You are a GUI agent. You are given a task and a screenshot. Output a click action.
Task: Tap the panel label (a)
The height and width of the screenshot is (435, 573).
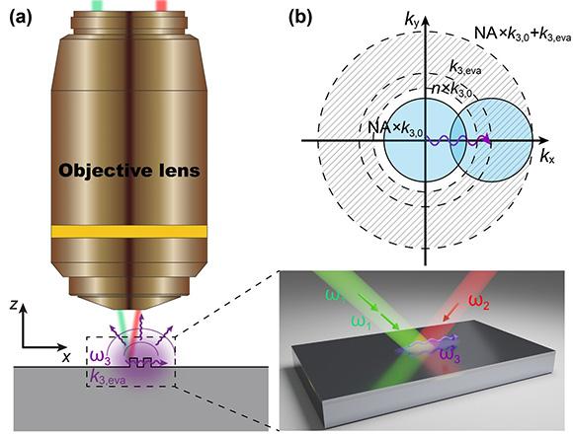pos(23,18)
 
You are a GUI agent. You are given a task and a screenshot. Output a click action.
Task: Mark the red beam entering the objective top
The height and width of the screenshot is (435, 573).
pos(160,5)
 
